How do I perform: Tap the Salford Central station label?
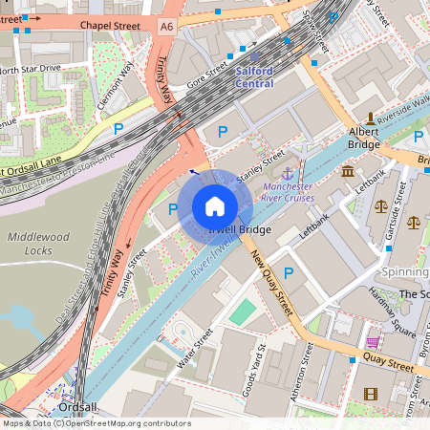[254, 77]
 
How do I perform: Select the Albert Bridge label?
[364, 137]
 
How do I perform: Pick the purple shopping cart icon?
[373, 342]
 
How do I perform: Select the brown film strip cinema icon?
[371, 393]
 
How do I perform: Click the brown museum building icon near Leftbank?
[348, 172]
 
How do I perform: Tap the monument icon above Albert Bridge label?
[367, 118]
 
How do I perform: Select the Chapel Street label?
[110, 25]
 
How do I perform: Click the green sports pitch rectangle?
[244, 312]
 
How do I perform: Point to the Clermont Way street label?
[117, 82]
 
